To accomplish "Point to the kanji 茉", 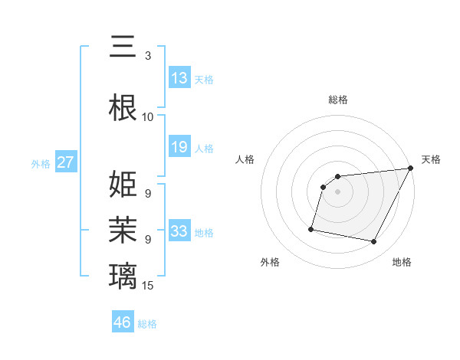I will tap(123, 230).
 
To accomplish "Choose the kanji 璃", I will tap(123, 275).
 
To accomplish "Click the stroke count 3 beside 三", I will tap(148, 56).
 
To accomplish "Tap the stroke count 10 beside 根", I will tap(148, 117).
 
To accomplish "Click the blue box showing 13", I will tap(179, 77).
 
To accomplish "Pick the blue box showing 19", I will tap(179, 147).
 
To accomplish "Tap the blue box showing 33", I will tap(179, 231).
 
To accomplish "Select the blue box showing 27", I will tap(66, 162).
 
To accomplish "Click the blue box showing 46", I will tap(123, 322).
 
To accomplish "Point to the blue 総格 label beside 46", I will tap(147, 324).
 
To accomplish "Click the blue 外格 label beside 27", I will tap(41, 163).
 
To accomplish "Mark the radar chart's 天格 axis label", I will tap(431, 159).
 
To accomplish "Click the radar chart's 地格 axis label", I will tap(402, 263).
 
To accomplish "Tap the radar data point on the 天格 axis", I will tap(411, 169).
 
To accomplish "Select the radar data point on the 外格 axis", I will tap(311, 228).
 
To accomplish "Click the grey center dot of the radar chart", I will tap(338, 191).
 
